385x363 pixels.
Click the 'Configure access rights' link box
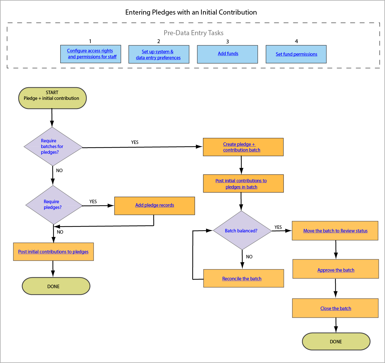point(90,54)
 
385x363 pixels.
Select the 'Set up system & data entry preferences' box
point(159,55)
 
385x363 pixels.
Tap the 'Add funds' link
point(228,54)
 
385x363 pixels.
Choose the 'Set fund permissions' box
point(296,54)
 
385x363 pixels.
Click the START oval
point(52,98)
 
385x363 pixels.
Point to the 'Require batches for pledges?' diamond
point(53,146)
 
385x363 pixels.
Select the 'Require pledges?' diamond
point(53,205)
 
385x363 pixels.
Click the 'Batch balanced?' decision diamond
point(242,231)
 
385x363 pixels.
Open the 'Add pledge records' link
point(154,205)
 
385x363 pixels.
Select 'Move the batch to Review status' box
point(335,231)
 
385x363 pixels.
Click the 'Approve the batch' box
point(336,270)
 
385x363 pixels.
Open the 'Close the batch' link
point(336,308)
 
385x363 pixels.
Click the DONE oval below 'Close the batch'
point(336,341)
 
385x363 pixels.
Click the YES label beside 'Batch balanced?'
point(278,227)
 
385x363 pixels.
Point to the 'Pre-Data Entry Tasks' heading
point(193,33)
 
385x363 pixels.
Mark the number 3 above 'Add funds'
point(227,42)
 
